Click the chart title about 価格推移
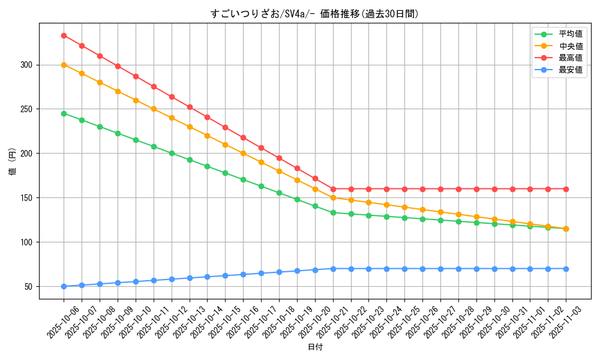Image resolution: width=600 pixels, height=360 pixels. [x=314, y=14]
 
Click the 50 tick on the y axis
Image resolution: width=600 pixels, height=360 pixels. [x=29, y=286]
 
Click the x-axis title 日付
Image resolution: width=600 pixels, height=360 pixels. [x=315, y=347]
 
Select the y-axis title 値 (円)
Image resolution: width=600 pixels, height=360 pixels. [x=13, y=163]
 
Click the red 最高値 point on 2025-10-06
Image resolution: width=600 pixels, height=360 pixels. [x=64, y=35]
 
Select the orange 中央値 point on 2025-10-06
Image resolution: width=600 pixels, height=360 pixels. [x=64, y=65]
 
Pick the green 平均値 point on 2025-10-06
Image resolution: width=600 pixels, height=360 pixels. [x=64, y=113]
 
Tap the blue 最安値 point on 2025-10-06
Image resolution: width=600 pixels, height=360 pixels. [x=64, y=286]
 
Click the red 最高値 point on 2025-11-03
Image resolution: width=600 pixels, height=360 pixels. [x=566, y=189]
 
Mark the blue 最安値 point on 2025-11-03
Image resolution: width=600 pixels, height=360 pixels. [x=566, y=269]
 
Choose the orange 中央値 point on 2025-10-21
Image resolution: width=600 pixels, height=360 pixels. [x=333, y=198]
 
